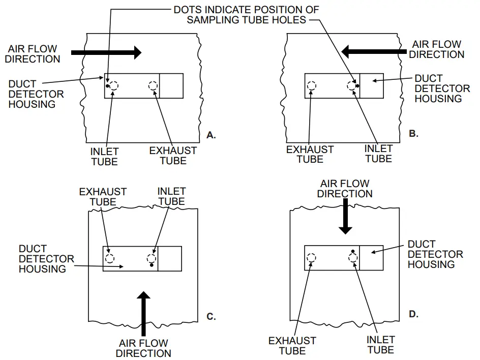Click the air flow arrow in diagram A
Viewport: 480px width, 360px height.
[x=106, y=52]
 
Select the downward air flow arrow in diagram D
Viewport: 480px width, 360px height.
[x=346, y=216]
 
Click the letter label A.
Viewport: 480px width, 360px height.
[x=212, y=135]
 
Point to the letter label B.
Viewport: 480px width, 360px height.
[x=413, y=133]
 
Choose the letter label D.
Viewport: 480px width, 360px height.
[x=413, y=314]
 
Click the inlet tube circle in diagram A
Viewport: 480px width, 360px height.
[x=114, y=85]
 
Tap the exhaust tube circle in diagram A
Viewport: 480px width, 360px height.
[x=153, y=85]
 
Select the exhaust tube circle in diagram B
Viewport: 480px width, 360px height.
[x=311, y=85]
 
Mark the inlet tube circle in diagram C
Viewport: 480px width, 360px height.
[x=151, y=258]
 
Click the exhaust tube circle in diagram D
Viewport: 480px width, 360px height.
[x=311, y=258]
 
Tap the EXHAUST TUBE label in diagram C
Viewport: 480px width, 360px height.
[x=103, y=197]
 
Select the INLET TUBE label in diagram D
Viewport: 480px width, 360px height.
[x=381, y=345]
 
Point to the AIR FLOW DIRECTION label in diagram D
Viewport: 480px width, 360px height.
[x=345, y=188]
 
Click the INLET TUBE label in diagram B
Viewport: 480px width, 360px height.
[x=379, y=154]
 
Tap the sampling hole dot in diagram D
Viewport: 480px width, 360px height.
[x=352, y=251]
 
